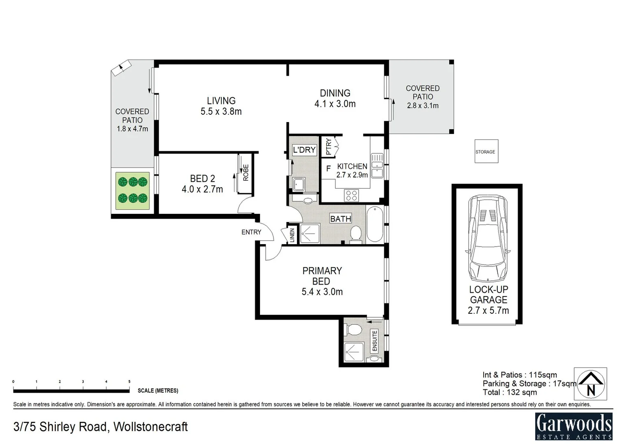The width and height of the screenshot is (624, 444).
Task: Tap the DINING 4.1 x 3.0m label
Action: pos(335,99)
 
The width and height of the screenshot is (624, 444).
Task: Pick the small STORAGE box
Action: pos(486,151)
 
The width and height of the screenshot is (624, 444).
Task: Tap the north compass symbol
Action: pos(591,384)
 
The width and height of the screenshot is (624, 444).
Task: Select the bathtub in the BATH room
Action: pos(374,224)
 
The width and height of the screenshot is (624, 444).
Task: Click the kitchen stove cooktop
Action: pos(351,195)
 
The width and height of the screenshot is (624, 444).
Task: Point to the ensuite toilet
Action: pos(354,329)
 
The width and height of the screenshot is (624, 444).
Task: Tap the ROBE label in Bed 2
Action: pos(246,173)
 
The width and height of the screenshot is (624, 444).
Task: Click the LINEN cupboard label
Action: pos(292,236)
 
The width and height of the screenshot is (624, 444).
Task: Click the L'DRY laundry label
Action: pos(304,150)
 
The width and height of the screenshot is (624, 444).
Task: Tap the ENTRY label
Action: pos(251,232)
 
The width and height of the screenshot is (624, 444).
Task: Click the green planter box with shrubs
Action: pos(132,190)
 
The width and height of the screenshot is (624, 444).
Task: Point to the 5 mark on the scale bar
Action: pos(129,382)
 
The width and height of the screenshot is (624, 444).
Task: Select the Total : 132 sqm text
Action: pos(510,392)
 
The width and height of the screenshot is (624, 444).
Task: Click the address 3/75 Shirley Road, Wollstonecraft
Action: pos(100,427)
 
